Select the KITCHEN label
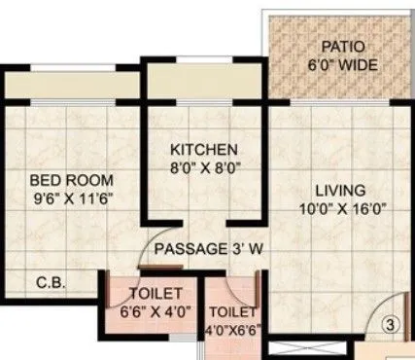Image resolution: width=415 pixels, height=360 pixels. pyautogui.click(x=203, y=150)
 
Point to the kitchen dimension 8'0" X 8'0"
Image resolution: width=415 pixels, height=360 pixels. pyautogui.click(x=203, y=167)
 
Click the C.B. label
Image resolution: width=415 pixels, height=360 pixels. pyautogui.click(x=51, y=284)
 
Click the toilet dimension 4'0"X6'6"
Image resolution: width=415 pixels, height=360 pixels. pyautogui.click(x=230, y=331)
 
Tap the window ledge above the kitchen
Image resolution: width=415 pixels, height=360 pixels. pyautogui.click(x=201, y=82)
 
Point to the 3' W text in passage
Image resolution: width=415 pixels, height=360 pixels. pyautogui.click(x=250, y=248)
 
